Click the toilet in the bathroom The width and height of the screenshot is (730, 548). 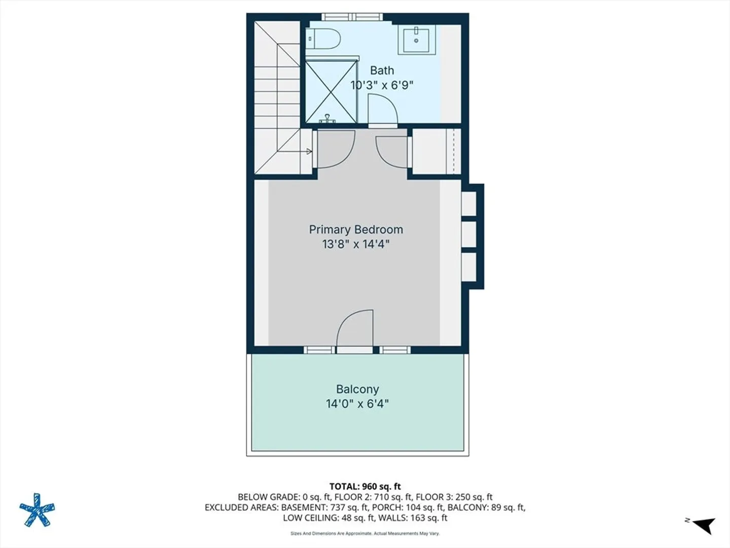[x=323, y=39]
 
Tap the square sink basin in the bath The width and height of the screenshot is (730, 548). [x=416, y=40]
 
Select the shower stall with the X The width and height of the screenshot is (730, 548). [x=331, y=91]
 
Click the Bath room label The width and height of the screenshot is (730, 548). [x=382, y=70]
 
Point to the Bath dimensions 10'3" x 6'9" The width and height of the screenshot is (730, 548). [x=382, y=85]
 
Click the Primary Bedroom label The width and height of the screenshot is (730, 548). [x=356, y=229]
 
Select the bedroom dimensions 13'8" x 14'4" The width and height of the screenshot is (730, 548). [x=356, y=244]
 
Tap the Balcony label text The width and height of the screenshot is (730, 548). [x=357, y=389]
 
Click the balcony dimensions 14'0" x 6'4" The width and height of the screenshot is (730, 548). [x=357, y=404]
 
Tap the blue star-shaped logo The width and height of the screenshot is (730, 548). [x=37, y=510]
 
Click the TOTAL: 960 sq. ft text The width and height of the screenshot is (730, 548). [x=365, y=487]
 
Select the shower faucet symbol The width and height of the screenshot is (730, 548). [x=327, y=118]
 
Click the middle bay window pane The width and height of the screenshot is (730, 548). [x=468, y=234]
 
